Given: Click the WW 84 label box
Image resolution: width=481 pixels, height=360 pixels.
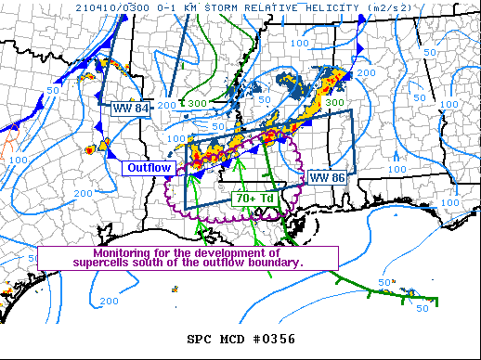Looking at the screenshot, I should coord(131,109).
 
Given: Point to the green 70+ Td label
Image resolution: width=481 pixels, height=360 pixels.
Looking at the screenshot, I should coord(253,198).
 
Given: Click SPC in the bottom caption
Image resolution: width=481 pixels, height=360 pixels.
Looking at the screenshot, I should coord(201,339).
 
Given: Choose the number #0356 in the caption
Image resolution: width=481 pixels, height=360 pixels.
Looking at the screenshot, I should coord(275,339).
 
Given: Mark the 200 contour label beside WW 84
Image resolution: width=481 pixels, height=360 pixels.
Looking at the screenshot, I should coord(167,106).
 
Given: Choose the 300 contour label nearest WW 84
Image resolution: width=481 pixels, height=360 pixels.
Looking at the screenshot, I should coord(198,103).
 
